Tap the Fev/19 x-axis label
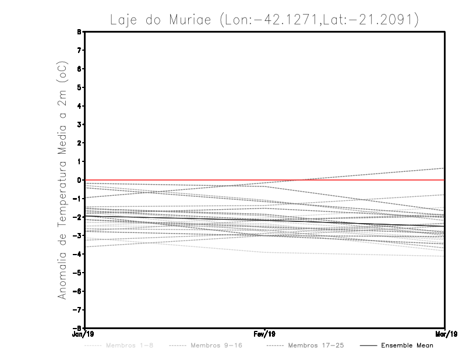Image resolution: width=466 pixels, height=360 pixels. pyautogui.click(x=264, y=334)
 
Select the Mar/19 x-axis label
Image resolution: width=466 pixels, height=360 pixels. pyautogui.click(x=445, y=334)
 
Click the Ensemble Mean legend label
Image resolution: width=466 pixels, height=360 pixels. pyautogui.click(x=407, y=345)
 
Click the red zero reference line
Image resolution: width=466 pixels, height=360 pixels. pyautogui.click(x=175, y=180)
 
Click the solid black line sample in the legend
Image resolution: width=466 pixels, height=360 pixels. pyautogui.click(x=368, y=345)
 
